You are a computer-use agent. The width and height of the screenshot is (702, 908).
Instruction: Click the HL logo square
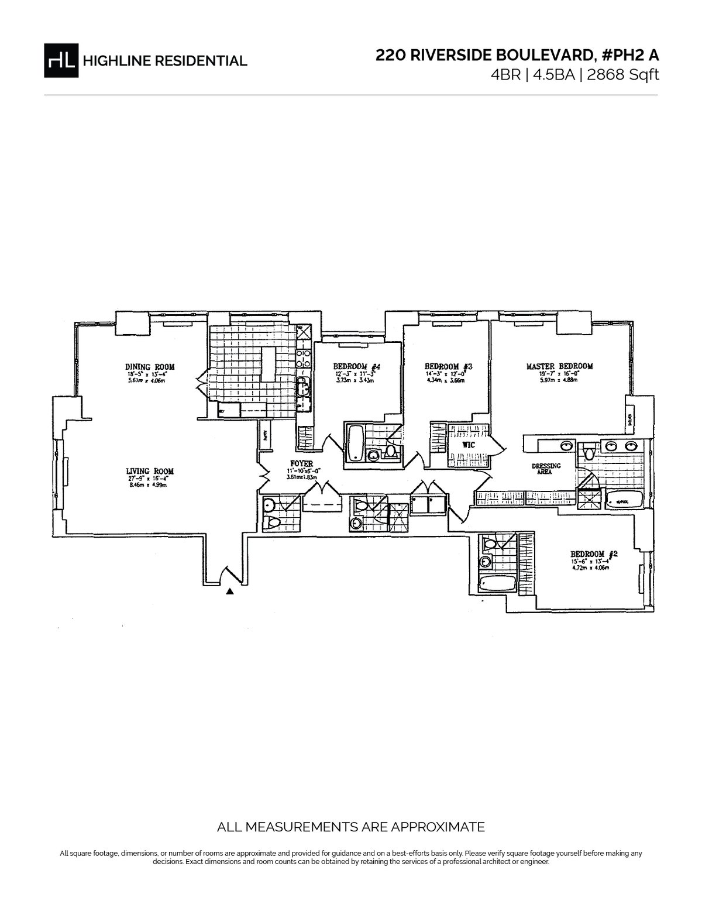(x=61, y=60)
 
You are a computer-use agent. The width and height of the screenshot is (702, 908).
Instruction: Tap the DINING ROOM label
(x=150, y=367)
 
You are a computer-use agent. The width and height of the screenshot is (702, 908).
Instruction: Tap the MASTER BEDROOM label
(x=559, y=366)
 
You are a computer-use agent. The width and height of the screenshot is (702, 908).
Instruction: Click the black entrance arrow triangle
(x=230, y=591)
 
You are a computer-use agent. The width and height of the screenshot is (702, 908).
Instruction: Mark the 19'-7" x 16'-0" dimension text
(x=559, y=374)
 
